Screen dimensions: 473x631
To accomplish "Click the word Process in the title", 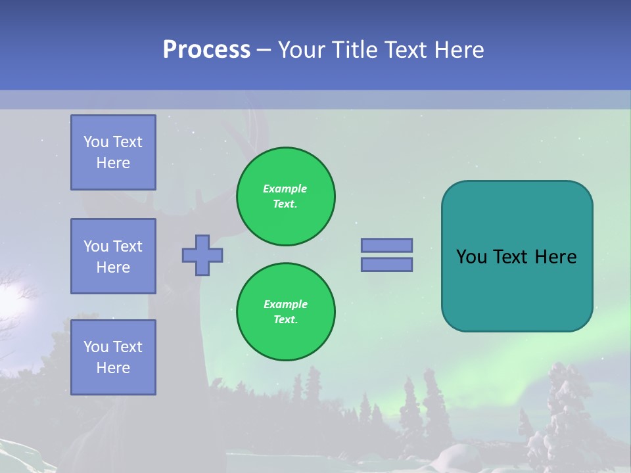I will tap(206, 50).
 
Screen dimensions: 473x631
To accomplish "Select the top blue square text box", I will tap(113, 152).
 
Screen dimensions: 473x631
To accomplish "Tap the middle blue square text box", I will tap(113, 256).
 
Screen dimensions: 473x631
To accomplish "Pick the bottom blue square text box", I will tap(113, 357).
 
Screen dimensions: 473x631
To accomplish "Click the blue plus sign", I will tap(202, 255).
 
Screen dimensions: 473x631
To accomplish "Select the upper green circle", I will tap(285, 196).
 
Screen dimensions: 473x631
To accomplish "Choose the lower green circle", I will tap(285, 312).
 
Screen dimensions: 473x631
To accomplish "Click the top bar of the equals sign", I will tap(386, 245).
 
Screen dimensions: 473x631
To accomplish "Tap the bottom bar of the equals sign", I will tap(386, 265).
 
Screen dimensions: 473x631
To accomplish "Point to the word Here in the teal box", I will tap(555, 257).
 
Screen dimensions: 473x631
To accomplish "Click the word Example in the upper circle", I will tap(285, 189).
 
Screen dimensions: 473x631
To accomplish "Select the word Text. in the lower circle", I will tap(285, 320).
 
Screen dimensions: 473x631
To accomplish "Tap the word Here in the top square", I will tap(113, 163).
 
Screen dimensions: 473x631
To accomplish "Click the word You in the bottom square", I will tap(96, 347).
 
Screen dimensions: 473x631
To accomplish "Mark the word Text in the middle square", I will tap(128, 246).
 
